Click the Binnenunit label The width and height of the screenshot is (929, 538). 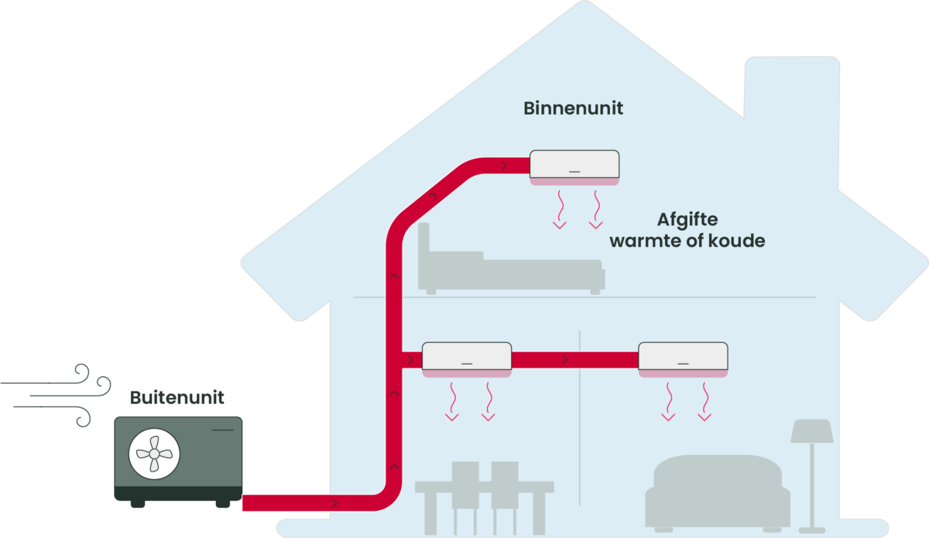tap(573, 108)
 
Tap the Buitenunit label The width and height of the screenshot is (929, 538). tap(177, 398)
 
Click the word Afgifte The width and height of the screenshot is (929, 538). tap(687, 220)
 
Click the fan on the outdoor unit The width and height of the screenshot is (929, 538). tap(153, 452)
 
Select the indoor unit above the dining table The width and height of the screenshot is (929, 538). tap(466, 360)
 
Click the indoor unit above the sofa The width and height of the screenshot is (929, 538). tap(682, 360)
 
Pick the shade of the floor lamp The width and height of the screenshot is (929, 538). tap(811, 431)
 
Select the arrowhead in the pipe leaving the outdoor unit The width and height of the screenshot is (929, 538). tap(334, 503)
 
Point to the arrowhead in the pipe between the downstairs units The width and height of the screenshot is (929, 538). tap(565, 360)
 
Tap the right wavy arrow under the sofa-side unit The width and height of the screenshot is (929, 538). tap(704, 404)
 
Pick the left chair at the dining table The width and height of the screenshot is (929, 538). tap(464, 495)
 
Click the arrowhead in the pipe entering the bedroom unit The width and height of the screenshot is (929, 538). tap(504, 165)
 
